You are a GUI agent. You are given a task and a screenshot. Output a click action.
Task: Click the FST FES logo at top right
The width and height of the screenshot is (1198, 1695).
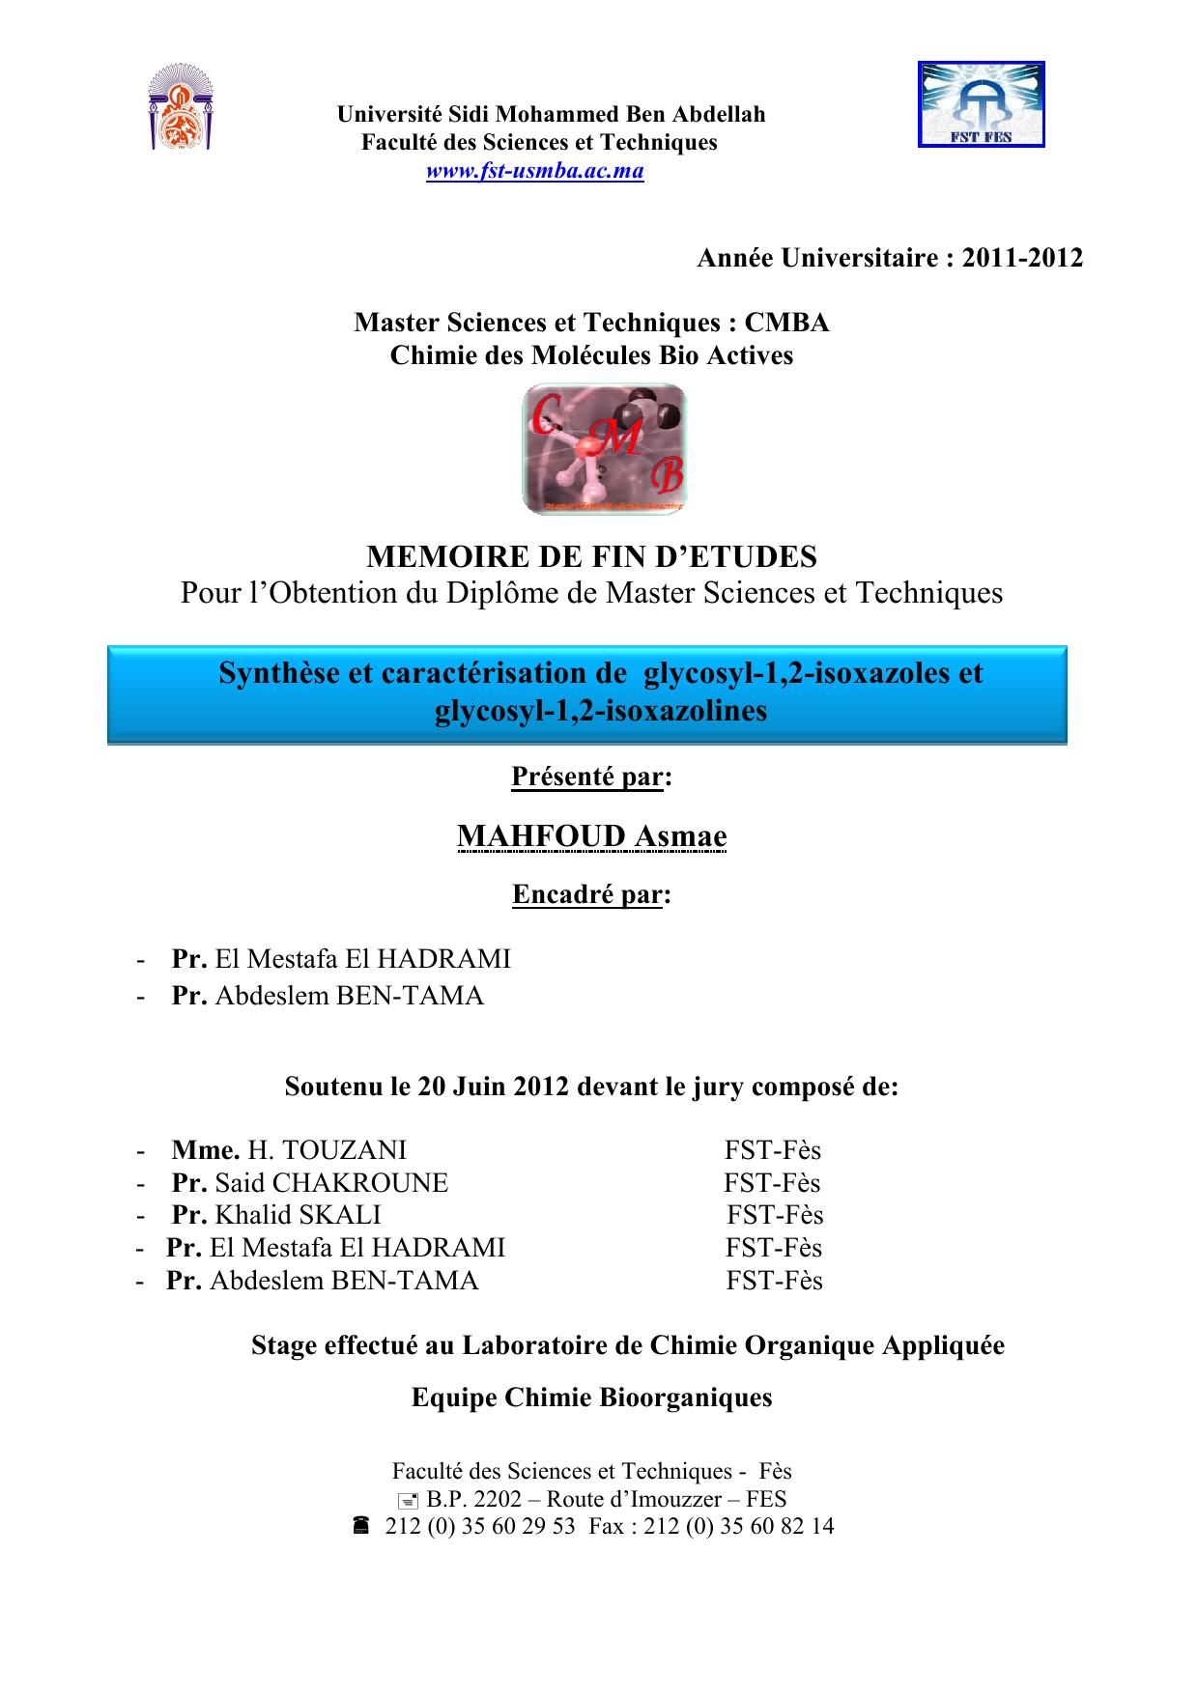tap(981, 104)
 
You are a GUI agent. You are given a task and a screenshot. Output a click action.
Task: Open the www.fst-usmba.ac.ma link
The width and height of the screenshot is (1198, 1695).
tap(535, 172)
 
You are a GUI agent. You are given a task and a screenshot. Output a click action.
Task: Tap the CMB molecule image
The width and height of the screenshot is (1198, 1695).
tap(605, 449)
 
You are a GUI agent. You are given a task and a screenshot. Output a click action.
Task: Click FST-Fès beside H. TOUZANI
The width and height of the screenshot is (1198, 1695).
tap(773, 1149)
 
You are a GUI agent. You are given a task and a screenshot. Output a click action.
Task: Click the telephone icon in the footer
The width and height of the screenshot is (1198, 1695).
tap(360, 1526)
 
